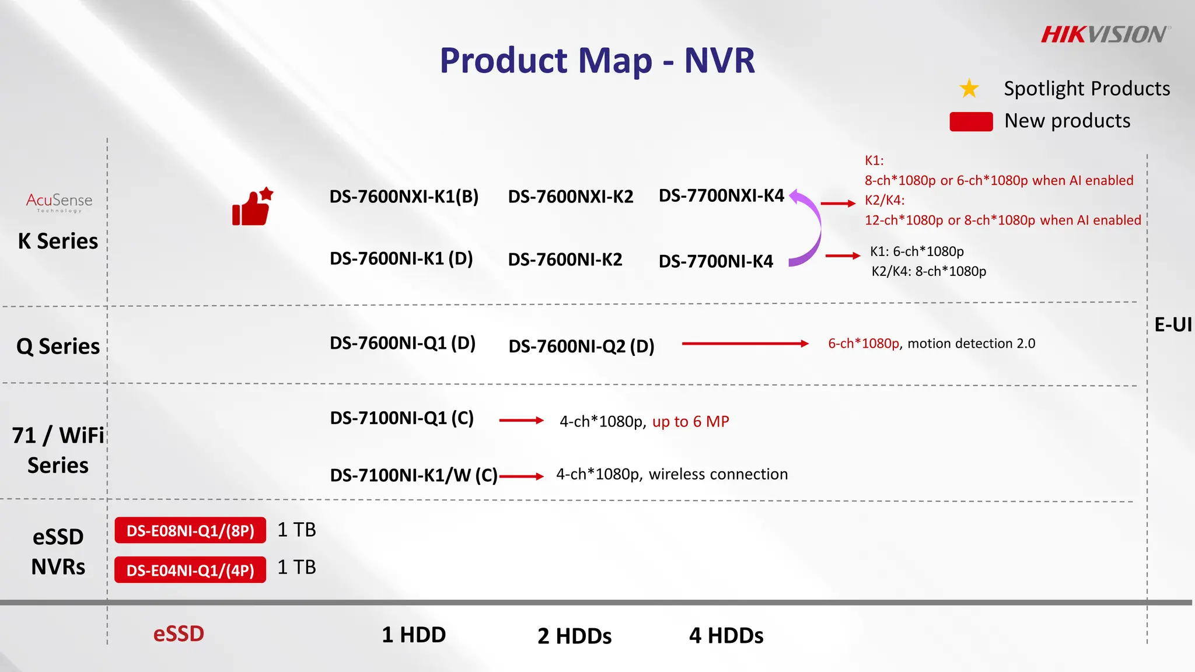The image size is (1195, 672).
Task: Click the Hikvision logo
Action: tap(1105, 35)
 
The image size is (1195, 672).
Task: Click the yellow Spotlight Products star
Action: tap(969, 89)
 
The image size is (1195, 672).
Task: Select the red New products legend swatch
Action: tap(971, 121)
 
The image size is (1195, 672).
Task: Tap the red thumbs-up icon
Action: tap(252, 208)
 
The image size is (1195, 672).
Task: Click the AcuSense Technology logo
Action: tap(59, 202)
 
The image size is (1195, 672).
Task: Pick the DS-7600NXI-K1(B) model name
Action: tap(404, 197)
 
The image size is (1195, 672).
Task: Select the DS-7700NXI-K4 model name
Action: tap(721, 195)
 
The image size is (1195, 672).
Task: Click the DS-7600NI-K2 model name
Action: tap(565, 260)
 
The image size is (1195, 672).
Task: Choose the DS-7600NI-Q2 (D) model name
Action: tap(581, 346)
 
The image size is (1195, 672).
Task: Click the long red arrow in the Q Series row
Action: tap(745, 344)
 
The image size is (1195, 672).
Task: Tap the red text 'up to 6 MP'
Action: tap(690, 421)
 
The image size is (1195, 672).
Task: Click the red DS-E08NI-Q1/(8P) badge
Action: tap(190, 530)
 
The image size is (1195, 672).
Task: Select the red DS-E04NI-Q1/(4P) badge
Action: tap(190, 570)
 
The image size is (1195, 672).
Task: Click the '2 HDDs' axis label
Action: tap(574, 636)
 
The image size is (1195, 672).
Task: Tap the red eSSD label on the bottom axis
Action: tap(179, 634)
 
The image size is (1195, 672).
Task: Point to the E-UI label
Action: tap(1173, 324)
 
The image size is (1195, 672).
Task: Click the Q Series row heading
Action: tap(58, 346)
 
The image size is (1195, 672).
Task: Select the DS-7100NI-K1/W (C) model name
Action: tap(414, 475)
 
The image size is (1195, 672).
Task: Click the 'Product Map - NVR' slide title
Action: tap(597, 61)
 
